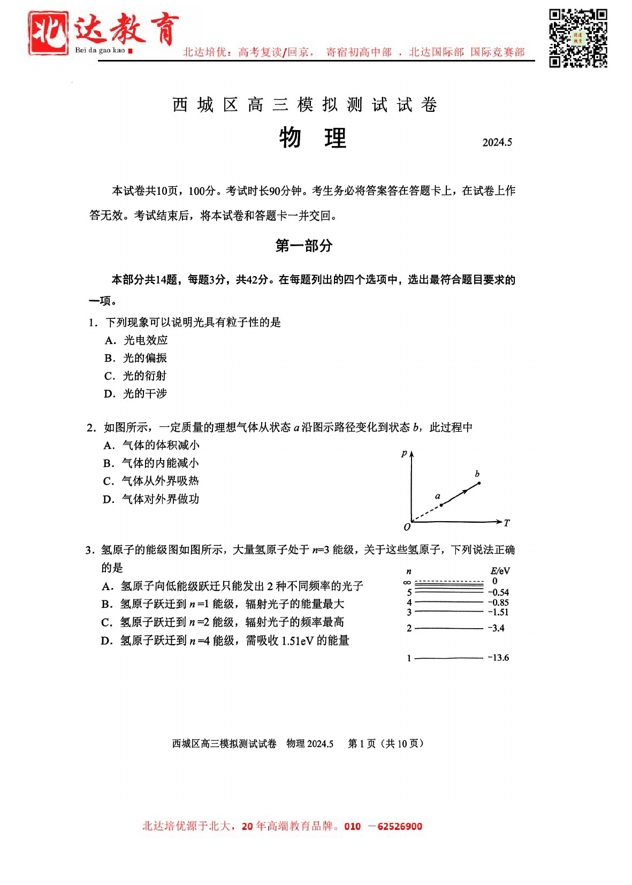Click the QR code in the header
pyautogui.click(x=578, y=38)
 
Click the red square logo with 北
pyautogui.click(x=48, y=33)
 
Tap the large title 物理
pyautogui.click(x=313, y=138)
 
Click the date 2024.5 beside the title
pyautogui.click(x=497, y=142)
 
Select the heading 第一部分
pyautogui.click(x=303, y=246)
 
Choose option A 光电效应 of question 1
pyautogui.click(x=136, y=340)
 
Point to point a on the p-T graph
pyautogui.click(x=441, y=505)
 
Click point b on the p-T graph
pyautogui.click(x=479, y=483)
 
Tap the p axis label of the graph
pyautogui.click(x=404, y=453)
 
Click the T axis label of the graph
pyautogui.click(x=506, y=523)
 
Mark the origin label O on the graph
pyautogui.click(x=407, y=527)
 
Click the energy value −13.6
pyautogui.click(x=498, y=658)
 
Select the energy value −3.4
pyautogui.click(x=496, y=628)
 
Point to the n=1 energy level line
pyautogui.click(x=448, y=658)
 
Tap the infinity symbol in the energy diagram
pyautogui.click(x=407, y=582)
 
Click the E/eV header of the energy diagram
pyautogui.click(x=500, y=571)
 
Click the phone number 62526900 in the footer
pyautogui.click(x=400, y=826)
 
